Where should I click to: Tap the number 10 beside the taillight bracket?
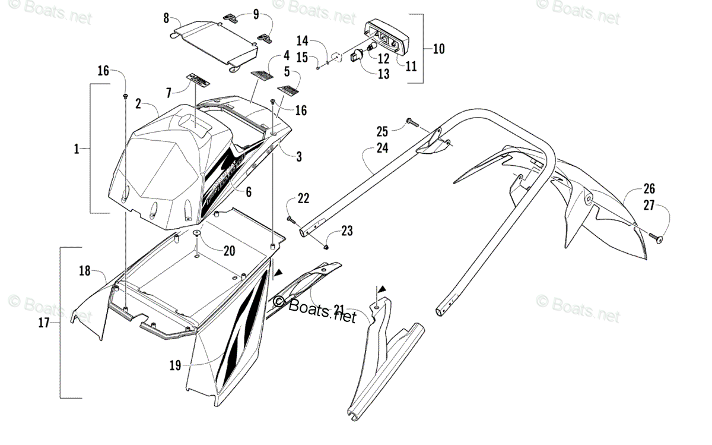[x=438, y=49]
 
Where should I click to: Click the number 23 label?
[x=347, y=231]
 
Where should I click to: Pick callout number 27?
[x=649, y=206]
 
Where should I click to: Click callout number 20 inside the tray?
[x=229, y=251]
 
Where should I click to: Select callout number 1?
[x=76, y=150]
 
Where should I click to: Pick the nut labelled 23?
[x=328, y=245]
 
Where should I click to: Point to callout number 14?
[x=303, y=40]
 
